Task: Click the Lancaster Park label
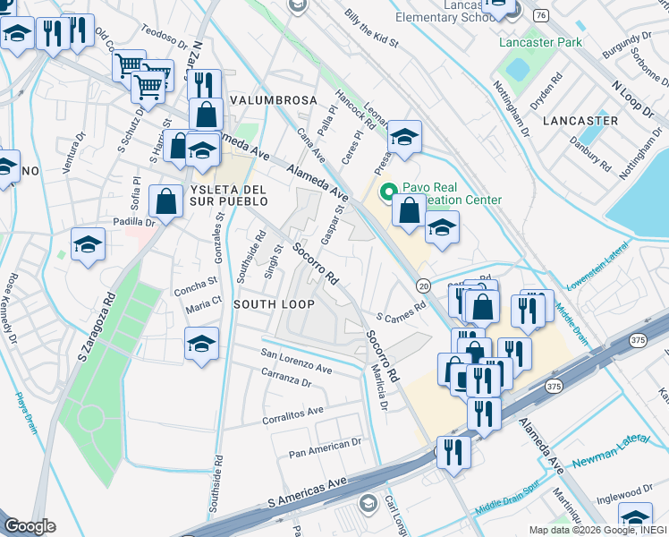(x=542, y=42)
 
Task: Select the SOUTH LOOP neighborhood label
(x=274, y=304)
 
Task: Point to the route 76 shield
(x=540, y=15)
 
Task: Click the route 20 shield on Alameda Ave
(x=423, y=285)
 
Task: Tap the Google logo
(x=30, y=526)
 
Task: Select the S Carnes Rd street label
(x=400, y=317)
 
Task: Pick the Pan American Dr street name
(x=324, y=447)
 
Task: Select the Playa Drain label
(x=25, y=413)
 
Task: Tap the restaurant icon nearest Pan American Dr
(x=453, y=452)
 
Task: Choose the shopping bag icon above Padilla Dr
(x=166, y=200)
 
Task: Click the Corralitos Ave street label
(x=292, y=414)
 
